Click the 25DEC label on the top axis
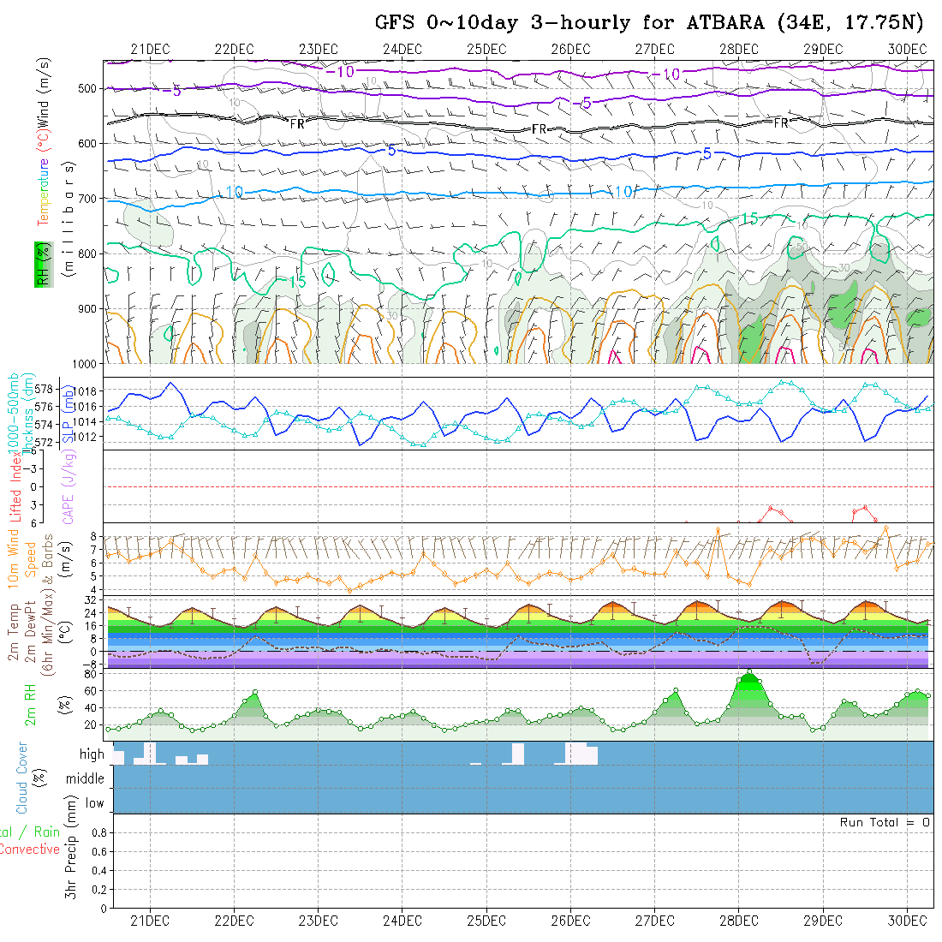(486, 50)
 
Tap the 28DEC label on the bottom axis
(738, 921)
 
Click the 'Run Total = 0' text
(885, 822)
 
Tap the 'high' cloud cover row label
(92, 754)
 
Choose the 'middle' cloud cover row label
(85, 778)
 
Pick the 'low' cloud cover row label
(94, 803)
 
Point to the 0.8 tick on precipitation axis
(98, 832)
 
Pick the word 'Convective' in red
(29, 850)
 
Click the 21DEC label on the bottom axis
(149, 921)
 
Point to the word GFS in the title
(394, 23)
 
